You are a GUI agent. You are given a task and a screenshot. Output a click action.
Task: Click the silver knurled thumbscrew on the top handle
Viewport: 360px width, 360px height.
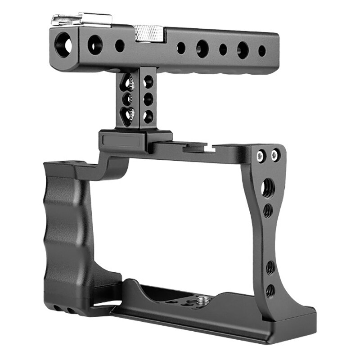click(x=148, y=32)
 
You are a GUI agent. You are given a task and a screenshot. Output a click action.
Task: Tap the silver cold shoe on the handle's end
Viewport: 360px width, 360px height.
click(x=81, y=20)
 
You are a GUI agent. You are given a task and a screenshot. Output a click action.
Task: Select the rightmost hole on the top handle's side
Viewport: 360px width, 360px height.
click(x=261, y=51)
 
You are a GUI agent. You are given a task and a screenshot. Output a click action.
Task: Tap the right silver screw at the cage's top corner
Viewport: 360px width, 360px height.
click(x=274, y=156)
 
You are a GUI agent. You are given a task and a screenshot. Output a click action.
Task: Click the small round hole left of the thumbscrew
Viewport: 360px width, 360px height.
click(x=119, y=45)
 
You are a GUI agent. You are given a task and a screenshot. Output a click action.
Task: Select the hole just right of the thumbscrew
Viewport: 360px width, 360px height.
click(x=181, y=47)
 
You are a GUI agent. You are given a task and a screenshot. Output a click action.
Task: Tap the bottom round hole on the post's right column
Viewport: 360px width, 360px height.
click(x=147, y=115)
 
